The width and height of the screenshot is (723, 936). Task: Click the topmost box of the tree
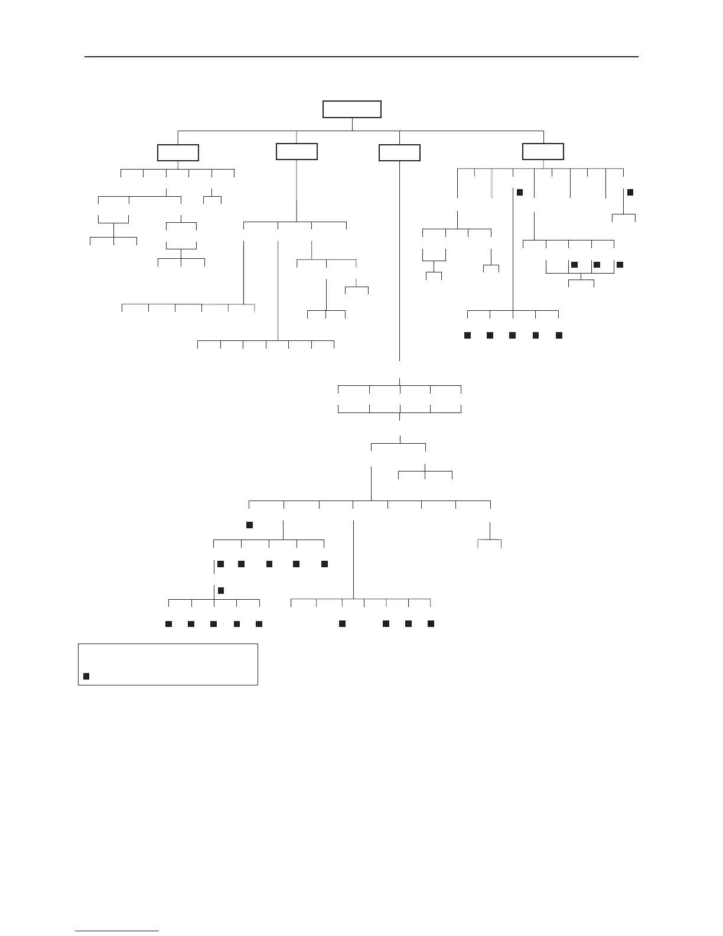pos(352,109)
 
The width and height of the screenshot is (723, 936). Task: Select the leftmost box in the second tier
pos(178,152)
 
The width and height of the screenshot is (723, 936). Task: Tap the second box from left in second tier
pos(297,151)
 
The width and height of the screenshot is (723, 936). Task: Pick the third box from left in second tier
pos(399,153)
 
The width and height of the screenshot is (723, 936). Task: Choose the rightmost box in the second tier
pos(543,151)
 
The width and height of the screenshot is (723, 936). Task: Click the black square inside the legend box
pos(86,676)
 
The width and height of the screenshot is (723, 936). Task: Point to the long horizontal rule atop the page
pos(361,57)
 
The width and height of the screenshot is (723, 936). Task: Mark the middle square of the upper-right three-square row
pos(597,264)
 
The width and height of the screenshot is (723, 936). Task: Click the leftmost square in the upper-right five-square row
pos(467,335)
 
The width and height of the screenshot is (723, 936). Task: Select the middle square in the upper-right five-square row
pos(512,335)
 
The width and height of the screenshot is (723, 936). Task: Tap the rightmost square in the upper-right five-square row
pos(559,335)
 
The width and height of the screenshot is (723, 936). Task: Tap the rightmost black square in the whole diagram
pos(630,192)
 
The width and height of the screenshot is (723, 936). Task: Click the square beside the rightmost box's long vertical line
pos(520,192)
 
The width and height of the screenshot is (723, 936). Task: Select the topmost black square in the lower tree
pos(249,524)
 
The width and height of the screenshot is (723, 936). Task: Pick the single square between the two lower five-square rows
pos(221,590)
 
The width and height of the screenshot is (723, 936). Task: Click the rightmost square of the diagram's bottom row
pos(431,623)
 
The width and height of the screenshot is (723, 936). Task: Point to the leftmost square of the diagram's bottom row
pos(168,623)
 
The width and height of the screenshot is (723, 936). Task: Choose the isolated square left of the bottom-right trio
pos(341,623)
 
